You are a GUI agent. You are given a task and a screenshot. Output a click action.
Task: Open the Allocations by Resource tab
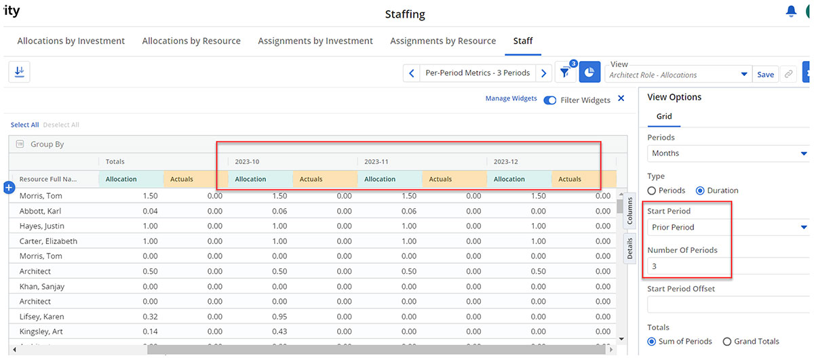coord(191,41)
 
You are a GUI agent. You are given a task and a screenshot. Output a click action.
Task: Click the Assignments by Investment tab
coord(315,41)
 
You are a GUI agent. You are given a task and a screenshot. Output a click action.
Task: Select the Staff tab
coord(522,41)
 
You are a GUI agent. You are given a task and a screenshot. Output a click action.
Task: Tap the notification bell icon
coord(791,11)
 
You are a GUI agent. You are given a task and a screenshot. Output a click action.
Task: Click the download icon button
coord(19,72)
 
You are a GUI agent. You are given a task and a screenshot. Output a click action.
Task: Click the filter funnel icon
coord(565,73)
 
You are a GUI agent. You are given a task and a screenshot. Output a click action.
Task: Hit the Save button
coord(765,75)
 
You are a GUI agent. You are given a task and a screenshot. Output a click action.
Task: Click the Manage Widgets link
coord(511,98)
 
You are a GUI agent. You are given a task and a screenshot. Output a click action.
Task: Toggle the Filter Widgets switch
coord(550,100)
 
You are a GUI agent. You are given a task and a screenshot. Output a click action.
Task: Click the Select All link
coord(24,125)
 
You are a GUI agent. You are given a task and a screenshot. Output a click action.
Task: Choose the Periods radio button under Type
coord(652,191)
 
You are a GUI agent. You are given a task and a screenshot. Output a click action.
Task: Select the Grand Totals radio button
coord(726,342)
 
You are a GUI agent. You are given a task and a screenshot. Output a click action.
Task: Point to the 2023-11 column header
coord(376,161)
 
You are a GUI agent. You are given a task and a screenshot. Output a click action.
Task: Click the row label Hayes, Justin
coord(42,226)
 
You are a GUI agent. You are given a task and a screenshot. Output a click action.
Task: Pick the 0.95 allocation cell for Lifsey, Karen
coord(279,317)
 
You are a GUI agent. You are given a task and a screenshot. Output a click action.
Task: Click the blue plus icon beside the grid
coord(9,188)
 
